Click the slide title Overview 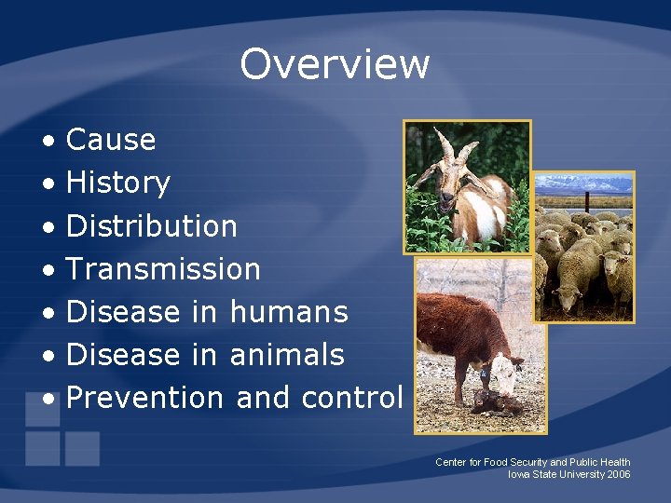335,64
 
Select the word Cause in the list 111,141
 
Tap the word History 118,184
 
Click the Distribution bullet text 152,226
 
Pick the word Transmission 163,269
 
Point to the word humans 288,312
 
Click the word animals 286,355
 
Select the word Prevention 145,398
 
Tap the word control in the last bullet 351,398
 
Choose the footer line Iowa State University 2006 568,474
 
